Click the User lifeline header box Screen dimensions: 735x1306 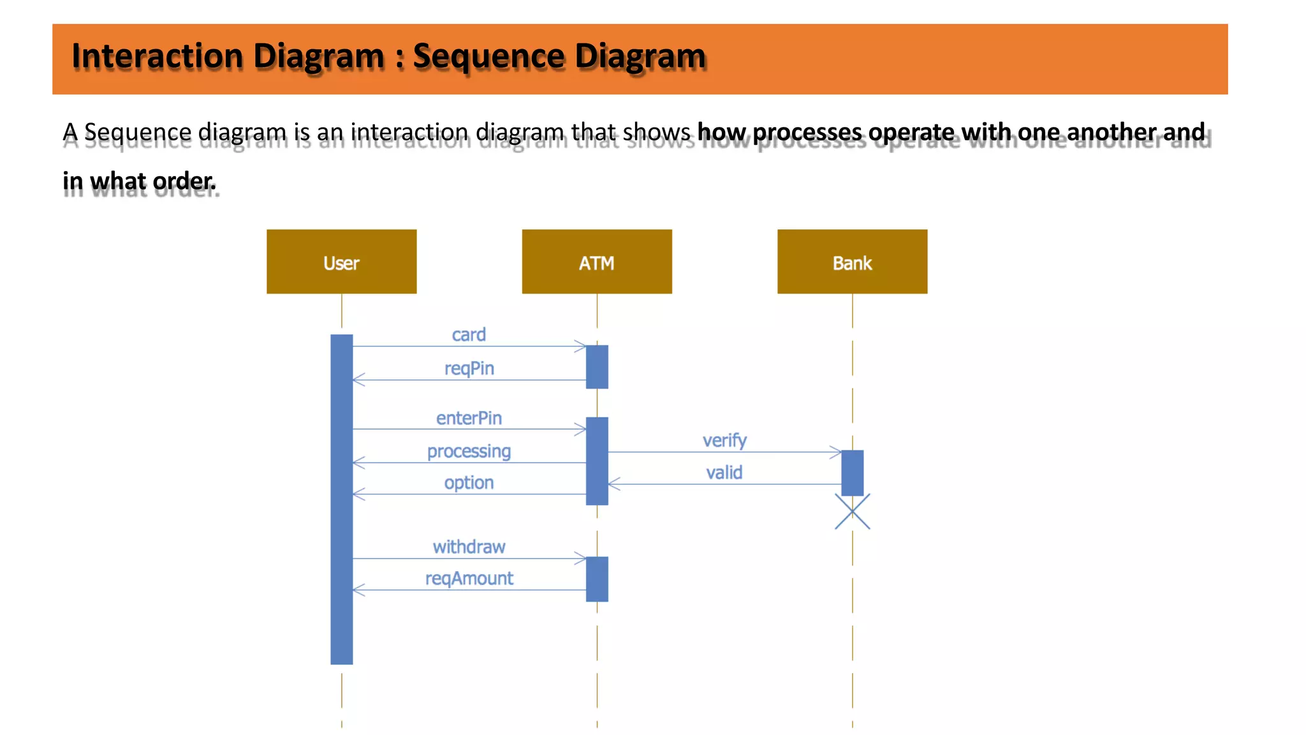tap(341, 262)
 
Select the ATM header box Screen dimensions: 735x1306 tap(596, 262)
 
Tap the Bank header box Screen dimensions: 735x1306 tap(852, 262)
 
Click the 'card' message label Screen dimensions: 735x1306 tap(469, 334)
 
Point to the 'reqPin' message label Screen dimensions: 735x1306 tap(469, 368)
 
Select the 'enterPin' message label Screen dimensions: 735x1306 tap(469, 418)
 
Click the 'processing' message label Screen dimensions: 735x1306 tap(469, 451)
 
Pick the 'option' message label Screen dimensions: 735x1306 tap(469, 482)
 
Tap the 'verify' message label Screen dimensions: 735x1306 tap(724, 440)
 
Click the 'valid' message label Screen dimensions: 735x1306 tap(724, 473)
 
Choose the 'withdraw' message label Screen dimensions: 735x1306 tap(469, 547)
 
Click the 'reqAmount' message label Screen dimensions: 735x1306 tap(469, 578)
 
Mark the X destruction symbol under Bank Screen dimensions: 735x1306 tap(853, 512)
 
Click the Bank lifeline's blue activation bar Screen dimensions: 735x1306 tap(853, 472)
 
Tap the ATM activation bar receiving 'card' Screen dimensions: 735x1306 tap(597, 367)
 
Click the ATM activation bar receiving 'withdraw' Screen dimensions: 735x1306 tap(597, 579)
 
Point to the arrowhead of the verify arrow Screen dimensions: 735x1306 tap(836, 452)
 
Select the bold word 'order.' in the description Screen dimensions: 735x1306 tap(184, 181)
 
